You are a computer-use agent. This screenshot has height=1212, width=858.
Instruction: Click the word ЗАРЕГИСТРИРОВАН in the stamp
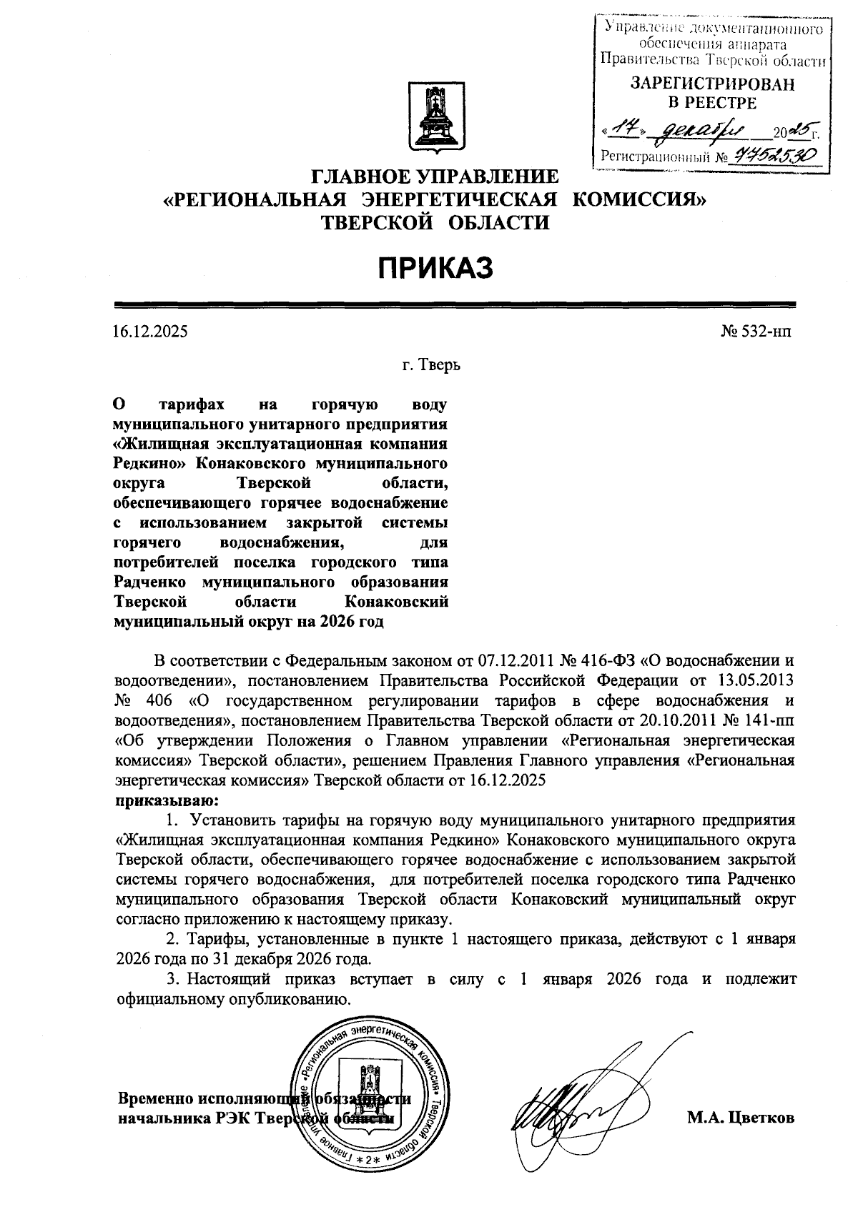tap(711, 84)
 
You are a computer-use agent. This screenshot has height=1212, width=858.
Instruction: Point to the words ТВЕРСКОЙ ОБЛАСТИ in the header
tap(435, 223)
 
